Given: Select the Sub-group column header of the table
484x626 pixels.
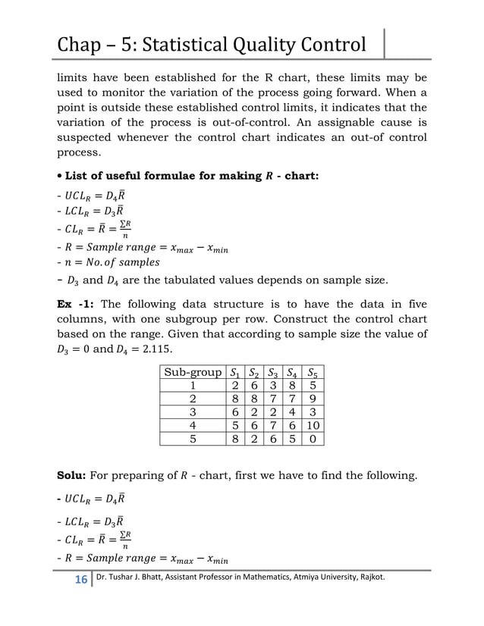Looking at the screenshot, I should tap(193, 372).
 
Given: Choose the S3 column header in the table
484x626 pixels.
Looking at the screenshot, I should tap(273, 372).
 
